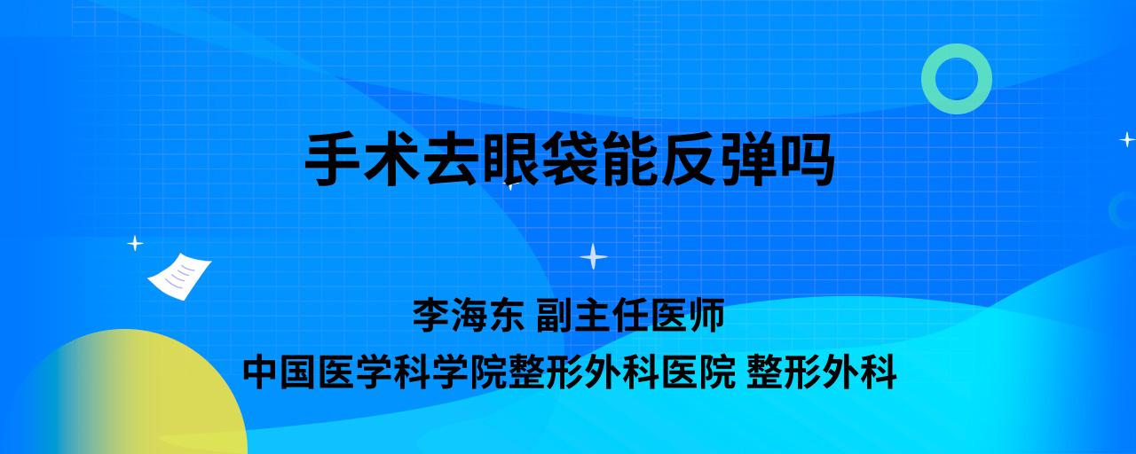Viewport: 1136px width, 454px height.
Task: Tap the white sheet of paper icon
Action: pyautogui.click(x=179, y=277)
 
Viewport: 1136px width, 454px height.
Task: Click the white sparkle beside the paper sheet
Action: pyautogui.click(x=135, y=244)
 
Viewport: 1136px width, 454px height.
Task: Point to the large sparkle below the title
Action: pyautogui.click(x=594, y=257)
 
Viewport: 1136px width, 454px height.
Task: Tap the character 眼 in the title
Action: pyautogui.click(x=510, y=159)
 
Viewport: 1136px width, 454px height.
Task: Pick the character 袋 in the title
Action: pyautogui.click(x=569, y=159)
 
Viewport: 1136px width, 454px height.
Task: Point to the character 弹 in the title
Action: pyautogui.click(x=747, y=159)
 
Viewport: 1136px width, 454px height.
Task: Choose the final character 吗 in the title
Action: pyautogui.click(x=807, y=159)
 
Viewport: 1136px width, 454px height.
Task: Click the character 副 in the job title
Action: pyautogui.click(x=556, y=314)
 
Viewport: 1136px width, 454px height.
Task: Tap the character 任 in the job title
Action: pyautogui.click(x=630, y=314)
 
